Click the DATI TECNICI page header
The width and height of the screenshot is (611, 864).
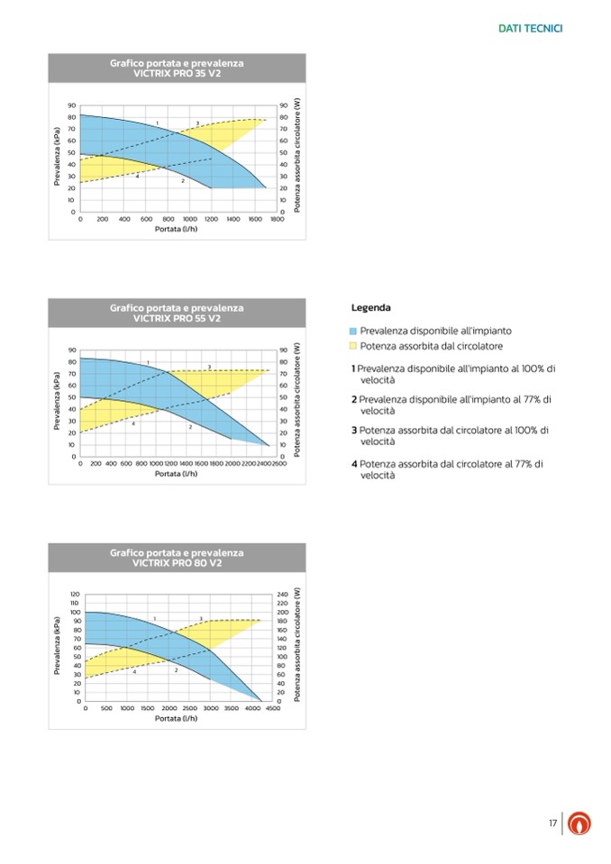click(x=530, y=29)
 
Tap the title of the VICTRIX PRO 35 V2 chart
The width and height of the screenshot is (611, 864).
click(x=177, y=68)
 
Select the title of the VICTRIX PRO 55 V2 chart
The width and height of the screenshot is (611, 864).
click(x=177, y=313)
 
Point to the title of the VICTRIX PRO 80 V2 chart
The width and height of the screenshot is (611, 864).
click(x=177, y=557)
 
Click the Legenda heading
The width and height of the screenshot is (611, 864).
click(x=370, y=308)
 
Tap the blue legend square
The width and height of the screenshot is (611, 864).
click(x=354, y=332)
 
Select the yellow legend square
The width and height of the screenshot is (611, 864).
click(x=354, y=347)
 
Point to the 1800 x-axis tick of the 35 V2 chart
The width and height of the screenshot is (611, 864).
click(x=277, y=219)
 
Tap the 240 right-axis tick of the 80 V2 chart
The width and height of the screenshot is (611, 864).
click(x=283, y=595)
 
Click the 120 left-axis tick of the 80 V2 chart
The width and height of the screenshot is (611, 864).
click(x=75, y=595)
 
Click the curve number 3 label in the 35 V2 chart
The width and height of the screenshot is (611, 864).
click(x=197, y=123)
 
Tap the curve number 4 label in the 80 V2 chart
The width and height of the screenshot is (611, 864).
click(x=134, y=672)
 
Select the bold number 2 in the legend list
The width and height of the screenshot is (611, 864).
click(x=353, y=399)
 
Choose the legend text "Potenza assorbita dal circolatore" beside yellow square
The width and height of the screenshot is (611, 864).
click(x=431, y=347)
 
